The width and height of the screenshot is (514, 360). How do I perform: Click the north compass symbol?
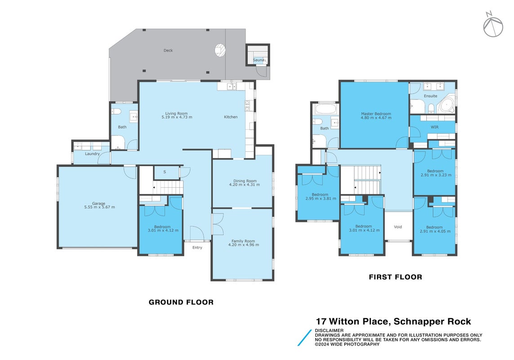[493, 25]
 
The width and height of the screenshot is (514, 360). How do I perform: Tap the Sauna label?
[258, 60]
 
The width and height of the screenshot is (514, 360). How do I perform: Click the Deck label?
[168, 50]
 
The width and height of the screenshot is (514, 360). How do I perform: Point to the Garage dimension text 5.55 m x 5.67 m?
[100, 207]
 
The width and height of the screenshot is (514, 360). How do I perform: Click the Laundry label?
[92, 153]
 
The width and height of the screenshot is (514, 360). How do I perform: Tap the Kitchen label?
[231, 117]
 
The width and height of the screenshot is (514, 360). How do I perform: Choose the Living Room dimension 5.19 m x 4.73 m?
[177, 117]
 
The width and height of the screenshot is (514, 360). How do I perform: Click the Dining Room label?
[245, 181]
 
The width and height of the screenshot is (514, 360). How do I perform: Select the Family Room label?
[243, 241]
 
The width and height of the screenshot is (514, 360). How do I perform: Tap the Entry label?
[197, 247]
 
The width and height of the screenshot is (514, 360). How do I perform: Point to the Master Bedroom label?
[376, 114]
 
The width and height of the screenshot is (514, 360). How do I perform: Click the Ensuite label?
[430, 96]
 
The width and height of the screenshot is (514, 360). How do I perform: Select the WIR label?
[435, 127]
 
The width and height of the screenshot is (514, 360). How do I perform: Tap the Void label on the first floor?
[398, 227]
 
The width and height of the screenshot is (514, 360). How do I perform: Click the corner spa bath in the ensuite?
[446, 105]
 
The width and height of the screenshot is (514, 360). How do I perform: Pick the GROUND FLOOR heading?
[181, 302]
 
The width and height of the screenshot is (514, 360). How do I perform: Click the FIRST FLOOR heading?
[395, 277]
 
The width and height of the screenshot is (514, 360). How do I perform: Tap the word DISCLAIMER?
[329, 330]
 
